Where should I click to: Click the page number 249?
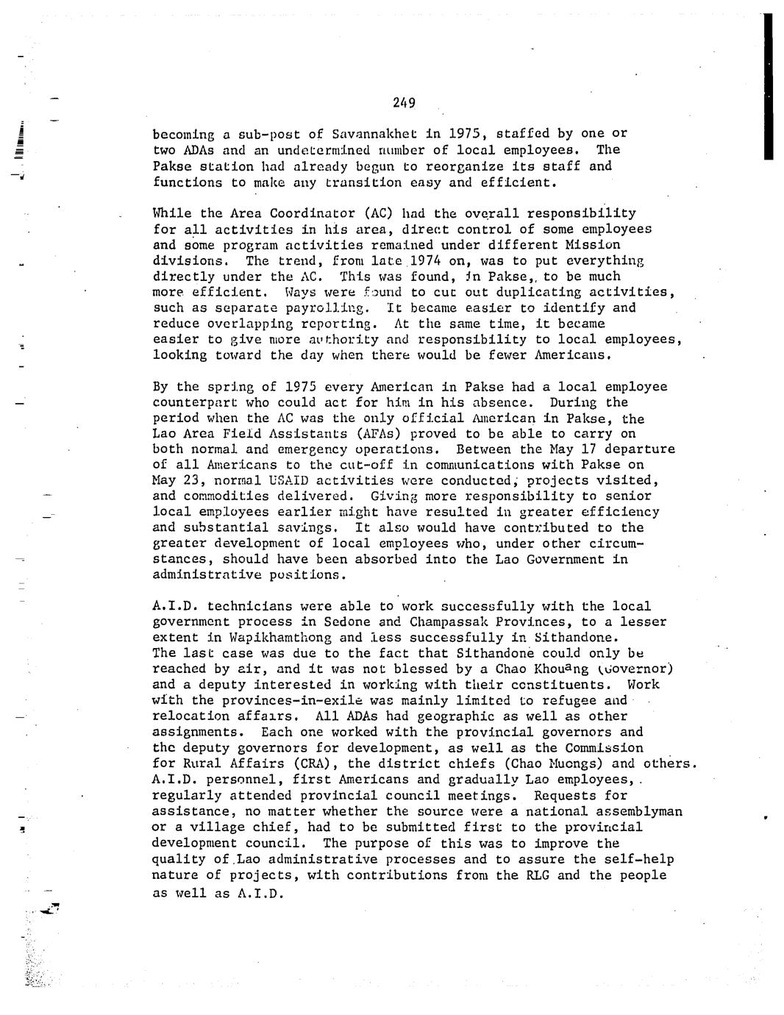[404, 103]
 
